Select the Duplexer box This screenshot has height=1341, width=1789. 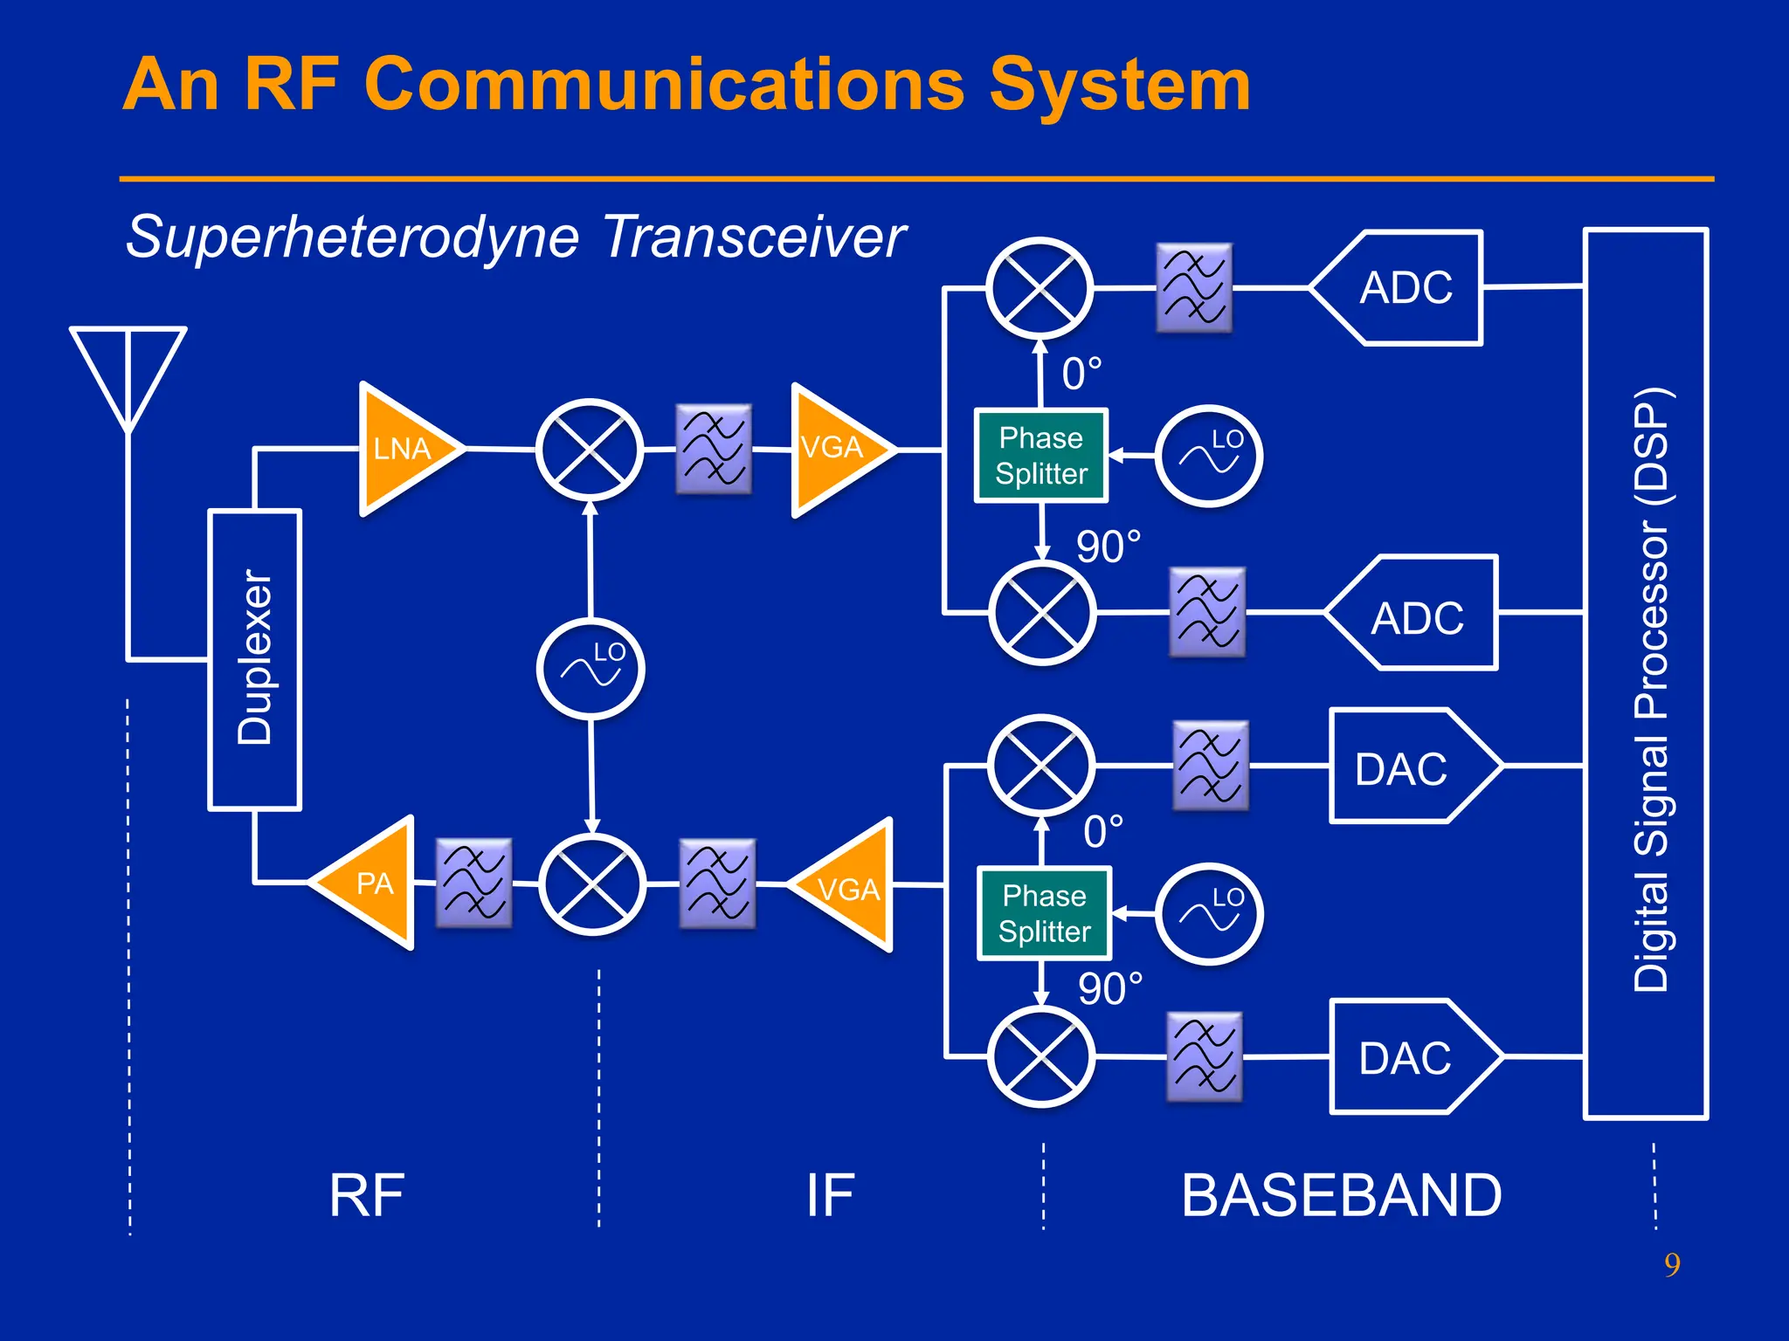click(x=254, y=660)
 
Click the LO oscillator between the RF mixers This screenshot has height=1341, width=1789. click(x=591, y=669)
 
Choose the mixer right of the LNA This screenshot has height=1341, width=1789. click(x=590, y=450)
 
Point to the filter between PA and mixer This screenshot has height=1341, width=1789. click(x=473, y=884)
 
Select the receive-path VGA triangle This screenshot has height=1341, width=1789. click(x=834, y=449)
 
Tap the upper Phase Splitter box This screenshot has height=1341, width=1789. click(x=1041, y=456)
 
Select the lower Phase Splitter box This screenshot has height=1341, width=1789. click(x=1044, y=914)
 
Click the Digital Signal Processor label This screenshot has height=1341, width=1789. click(x=1650, y=690)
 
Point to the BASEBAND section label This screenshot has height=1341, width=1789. click(x=1341, y=1195)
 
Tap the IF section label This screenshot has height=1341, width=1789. click(x=830, y=1195)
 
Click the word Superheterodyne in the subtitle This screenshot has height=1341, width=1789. click(x=352, y=237)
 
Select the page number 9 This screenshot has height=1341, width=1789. click(x=1672, y=1264)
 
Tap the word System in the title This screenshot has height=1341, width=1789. click(x=1120, y=86)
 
